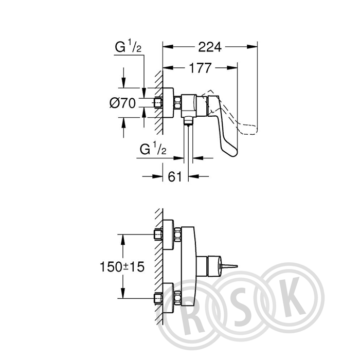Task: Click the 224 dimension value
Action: [210, 47]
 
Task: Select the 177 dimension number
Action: [200, 68]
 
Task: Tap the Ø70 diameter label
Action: [123, 103]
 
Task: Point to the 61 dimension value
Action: [175, 176]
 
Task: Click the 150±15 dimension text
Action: [122, 267]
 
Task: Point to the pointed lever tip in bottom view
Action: [238, 266]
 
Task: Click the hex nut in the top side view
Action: [177, 102]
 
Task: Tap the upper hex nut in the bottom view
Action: [177, 235]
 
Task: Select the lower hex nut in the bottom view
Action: [177, 298]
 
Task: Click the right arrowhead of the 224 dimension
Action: [252, 47]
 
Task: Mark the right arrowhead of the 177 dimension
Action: [232, 68]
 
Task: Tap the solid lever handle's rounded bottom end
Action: [231, 153]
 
